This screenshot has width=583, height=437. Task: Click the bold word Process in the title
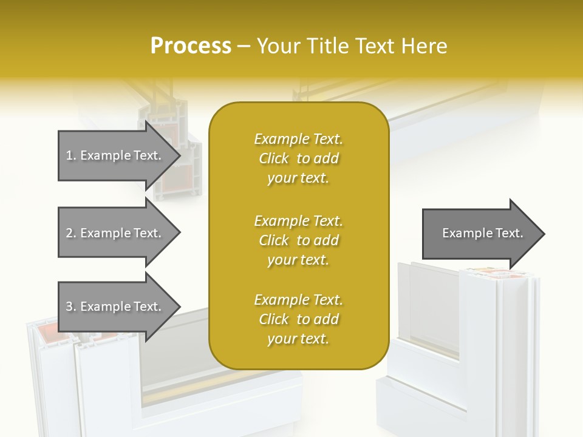point(191,46)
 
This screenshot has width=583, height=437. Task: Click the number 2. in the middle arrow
point(71,233)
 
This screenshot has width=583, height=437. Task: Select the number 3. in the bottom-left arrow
point(71,307)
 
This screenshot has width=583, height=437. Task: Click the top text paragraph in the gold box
point(298,158)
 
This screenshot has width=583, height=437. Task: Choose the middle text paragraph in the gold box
point(298,240)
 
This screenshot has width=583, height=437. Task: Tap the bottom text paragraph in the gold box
point(298,319)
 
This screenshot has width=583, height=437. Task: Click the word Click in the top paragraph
point(274,158)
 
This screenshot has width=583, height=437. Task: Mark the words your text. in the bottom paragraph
point(298,339)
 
